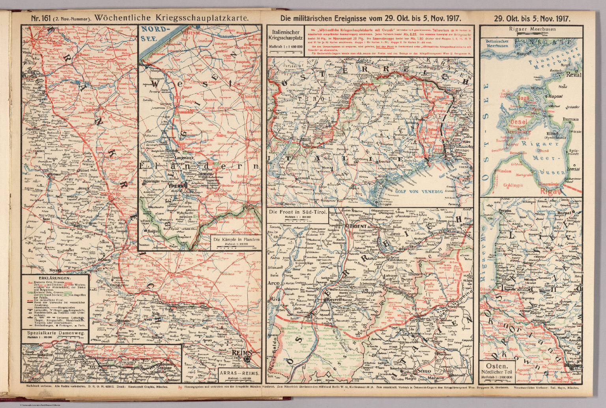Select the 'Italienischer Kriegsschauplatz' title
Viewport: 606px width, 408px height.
285,35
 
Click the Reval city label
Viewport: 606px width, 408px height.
573,75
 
